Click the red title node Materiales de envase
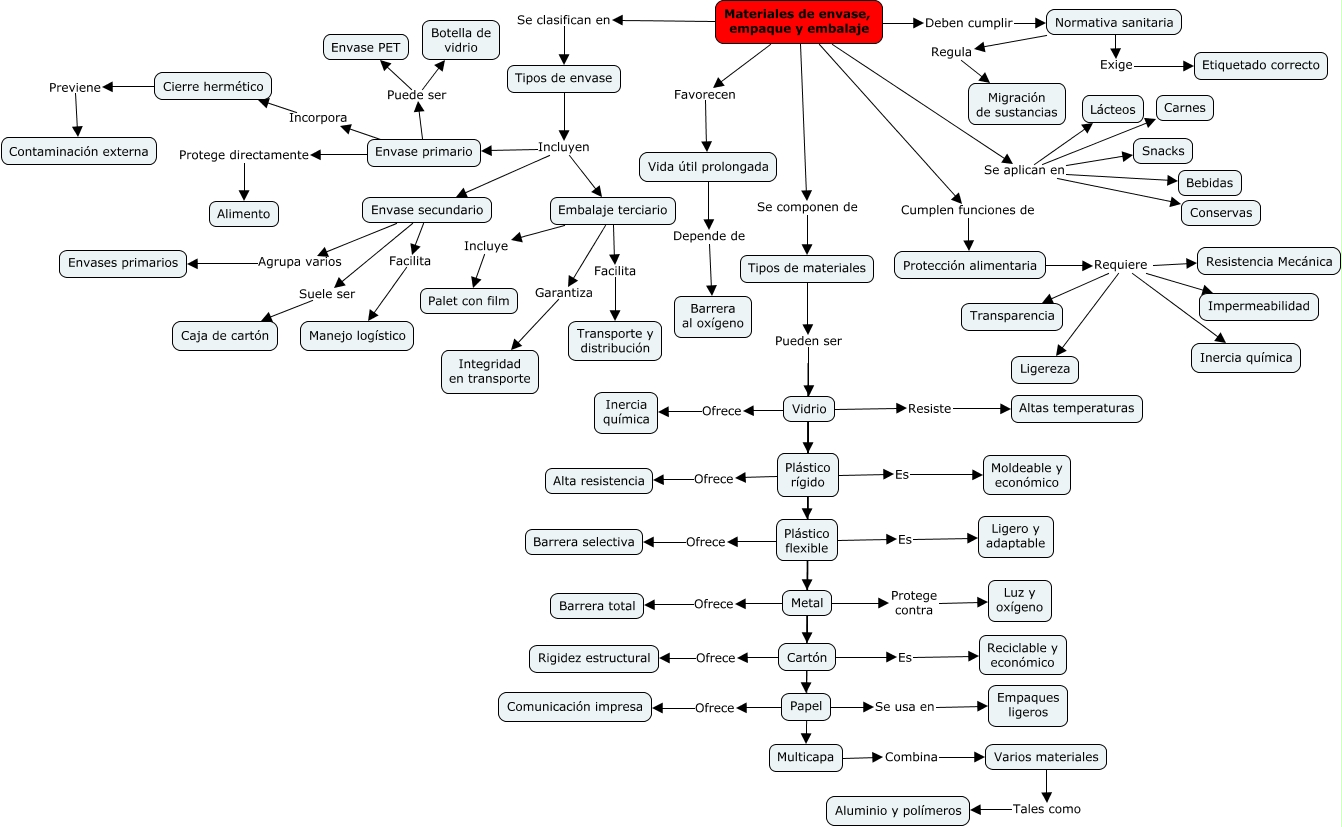(799, 22)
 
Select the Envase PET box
(367, 47)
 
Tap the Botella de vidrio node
(461, 40)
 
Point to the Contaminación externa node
(79, 152)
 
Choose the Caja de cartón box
(225, 336)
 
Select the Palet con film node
(468, 300)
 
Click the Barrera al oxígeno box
(712, 316)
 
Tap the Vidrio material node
(809, 408)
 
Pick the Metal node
(807, 603)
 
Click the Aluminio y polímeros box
(898, 810)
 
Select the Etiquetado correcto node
(1260, 66)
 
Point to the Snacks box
(1162, 151)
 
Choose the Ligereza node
(1044, 368)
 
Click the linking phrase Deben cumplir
(968, 22)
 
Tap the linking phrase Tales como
(1046, 809)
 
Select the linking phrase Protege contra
(913, 603)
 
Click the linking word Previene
(75, 87)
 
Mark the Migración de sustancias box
(1016, 105)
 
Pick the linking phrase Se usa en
(904, 706)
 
